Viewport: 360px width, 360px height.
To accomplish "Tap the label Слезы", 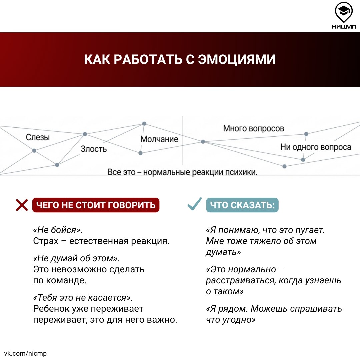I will point(38,137).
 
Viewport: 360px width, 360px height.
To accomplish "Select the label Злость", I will point(94,149).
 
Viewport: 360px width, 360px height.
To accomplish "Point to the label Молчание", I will point(159,139).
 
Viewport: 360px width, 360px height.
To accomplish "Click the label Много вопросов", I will point(254,128).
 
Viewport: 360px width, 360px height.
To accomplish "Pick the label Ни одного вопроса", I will point(315,147).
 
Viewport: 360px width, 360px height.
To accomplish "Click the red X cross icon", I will point(22,205).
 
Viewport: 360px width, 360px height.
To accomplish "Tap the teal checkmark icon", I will point(194,204).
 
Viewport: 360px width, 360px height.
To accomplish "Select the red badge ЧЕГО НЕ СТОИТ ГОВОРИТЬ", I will point(96,205).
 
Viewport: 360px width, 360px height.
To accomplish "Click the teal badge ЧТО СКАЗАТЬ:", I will point(242,205).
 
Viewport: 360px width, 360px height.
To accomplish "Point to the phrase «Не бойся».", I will point(57,230).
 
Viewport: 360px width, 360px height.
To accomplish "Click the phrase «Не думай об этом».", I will point(76,258).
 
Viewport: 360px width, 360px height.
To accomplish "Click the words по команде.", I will point(60,280).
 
